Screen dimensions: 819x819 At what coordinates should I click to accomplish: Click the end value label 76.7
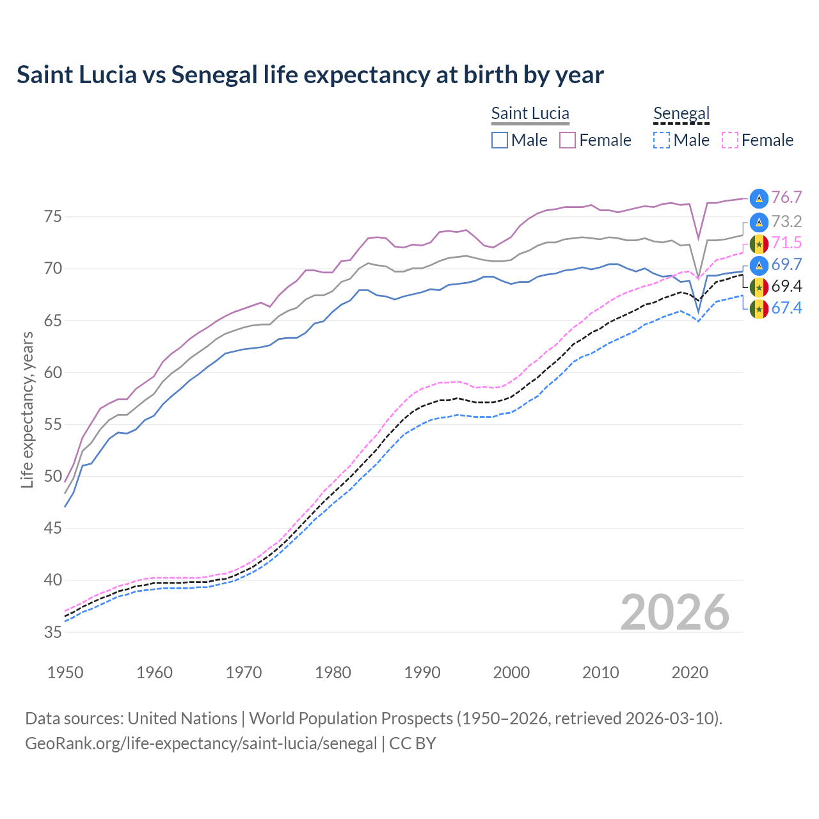pos(786,198)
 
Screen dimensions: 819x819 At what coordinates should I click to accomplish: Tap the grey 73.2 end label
pos(786,222)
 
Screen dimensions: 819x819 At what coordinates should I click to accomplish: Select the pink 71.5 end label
pos(786,243)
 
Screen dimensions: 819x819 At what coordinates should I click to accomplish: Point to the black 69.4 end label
pos(786,286)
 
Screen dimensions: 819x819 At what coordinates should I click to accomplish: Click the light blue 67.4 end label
pos(786,308)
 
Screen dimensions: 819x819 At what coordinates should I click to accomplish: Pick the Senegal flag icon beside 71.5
pos(759,244)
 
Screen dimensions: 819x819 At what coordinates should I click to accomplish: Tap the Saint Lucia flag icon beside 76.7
pos(759,198)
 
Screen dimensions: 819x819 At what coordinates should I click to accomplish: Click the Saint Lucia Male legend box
pos(500,140)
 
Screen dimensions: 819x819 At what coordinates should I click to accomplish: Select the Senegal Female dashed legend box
pos(730,140)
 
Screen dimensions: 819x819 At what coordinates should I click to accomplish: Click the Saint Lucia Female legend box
pos(568,140)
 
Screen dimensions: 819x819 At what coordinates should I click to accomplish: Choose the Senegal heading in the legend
pos(681,114)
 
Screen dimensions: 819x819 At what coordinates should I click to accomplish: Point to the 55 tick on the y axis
pos(53,424)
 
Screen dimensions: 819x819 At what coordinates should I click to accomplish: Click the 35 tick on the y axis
pos(53,632)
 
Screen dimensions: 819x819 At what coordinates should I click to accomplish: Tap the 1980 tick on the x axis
pos(333,672)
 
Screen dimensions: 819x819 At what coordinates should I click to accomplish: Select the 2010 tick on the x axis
pos(601,672)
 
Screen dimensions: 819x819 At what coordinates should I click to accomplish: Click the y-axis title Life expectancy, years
pos(28,409)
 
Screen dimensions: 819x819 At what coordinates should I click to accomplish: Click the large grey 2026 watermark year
pos(675,612)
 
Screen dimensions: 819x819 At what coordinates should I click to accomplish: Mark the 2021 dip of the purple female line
pos(699,238)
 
